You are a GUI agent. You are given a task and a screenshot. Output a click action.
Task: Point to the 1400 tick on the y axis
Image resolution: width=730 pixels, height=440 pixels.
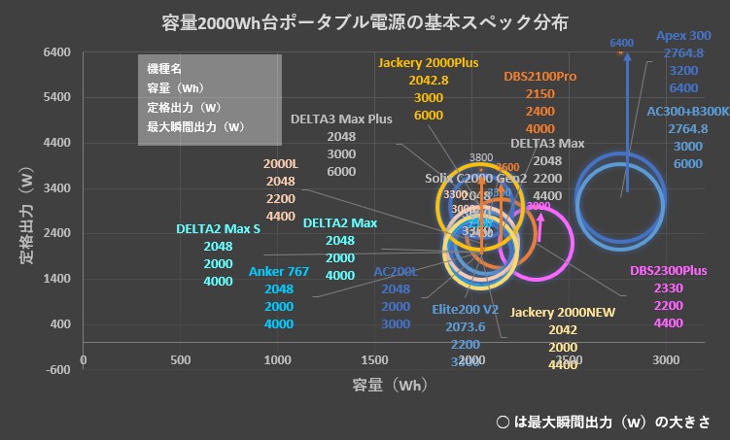coord(55,279)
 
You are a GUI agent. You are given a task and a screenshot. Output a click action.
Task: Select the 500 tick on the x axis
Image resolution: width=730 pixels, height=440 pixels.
coord(180,360)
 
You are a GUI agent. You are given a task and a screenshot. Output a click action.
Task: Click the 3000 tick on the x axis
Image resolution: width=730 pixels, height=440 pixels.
coord(665,360)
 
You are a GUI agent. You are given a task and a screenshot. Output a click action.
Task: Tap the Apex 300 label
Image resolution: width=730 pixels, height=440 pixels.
coord(683,36)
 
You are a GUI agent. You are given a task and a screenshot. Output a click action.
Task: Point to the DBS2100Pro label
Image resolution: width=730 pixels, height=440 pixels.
coord(540,76)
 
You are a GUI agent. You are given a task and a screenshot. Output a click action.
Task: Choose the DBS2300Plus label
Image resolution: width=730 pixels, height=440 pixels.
coord(668,271)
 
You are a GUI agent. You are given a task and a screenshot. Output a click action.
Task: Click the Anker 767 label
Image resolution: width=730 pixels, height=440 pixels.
coord(279,271)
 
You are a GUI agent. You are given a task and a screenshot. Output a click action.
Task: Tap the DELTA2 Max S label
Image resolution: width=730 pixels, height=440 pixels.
coord(218,230)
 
